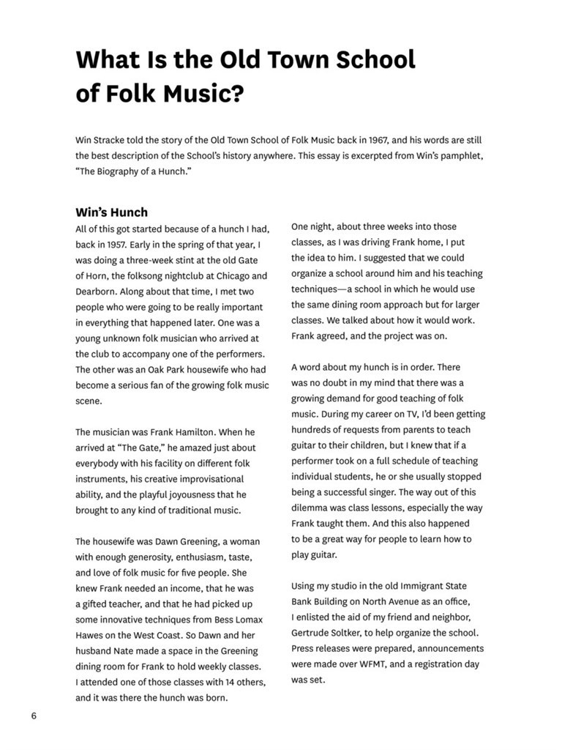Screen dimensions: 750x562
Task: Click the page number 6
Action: point(34,716)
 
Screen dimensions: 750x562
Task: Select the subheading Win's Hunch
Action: point(111,212)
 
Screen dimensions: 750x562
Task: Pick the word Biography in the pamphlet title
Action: point(118,171)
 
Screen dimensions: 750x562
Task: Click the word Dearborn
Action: point(96,292)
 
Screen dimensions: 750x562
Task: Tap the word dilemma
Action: point(312,508)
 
